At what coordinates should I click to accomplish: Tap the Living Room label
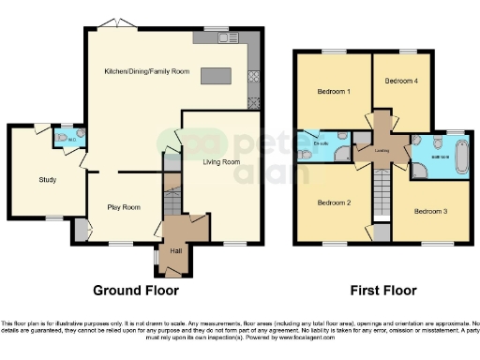point(220,162)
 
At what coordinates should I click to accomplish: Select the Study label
point(48,179)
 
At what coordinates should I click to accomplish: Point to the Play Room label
point(123,207)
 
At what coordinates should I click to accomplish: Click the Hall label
point(175,250)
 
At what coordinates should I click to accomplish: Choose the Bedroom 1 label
point(334,92)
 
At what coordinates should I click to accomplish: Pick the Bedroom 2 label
point(333,202)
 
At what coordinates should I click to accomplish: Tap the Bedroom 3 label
point(431,212)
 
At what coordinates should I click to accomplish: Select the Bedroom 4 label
point(401,82)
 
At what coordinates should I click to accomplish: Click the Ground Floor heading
point(136,290)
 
